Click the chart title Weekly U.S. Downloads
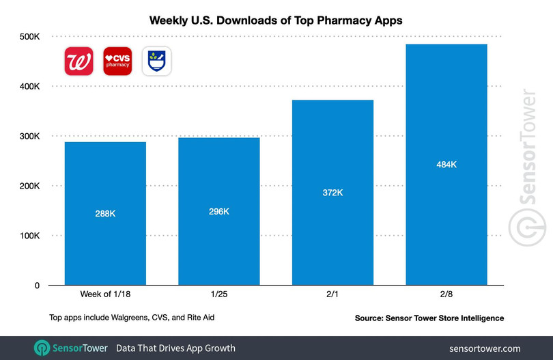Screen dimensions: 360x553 [276, 20]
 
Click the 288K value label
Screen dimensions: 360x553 [105, 214]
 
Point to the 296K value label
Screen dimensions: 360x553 [218, 211]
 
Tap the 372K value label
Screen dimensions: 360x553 [332, 192]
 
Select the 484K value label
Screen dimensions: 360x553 [446, 164]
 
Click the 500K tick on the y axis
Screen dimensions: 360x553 [27, 36]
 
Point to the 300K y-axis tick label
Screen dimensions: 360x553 [27, 136]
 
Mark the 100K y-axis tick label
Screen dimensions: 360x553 [27, 236]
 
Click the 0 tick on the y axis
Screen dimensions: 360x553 [37, 286]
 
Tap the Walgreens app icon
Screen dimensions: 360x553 [79, 61]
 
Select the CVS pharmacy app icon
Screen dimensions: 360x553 [117, 61]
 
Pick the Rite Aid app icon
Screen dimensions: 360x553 [156, 61]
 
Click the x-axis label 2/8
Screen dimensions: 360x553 [446, 294]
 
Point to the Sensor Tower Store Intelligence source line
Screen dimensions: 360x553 [428, 318]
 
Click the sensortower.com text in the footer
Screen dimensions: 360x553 [485, 348]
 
